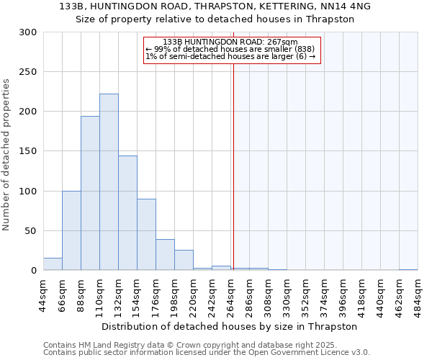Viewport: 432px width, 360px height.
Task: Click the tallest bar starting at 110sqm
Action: click(x=109, y=182)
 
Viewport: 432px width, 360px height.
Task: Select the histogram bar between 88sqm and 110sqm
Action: click(x=90, y=193)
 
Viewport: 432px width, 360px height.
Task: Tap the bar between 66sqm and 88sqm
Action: click(x=71, y=230)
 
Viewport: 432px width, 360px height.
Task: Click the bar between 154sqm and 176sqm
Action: click(x=146, y=235)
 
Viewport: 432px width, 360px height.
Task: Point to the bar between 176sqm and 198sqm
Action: click(x=165, y=255)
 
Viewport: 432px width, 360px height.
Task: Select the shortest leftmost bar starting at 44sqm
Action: click(x=53, y=264)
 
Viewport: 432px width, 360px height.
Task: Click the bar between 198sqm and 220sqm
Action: click(x=184, y=261)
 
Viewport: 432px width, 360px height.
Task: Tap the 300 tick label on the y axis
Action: click(x=28, y=32)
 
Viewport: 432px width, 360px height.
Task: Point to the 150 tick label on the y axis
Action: click(x=28, y=151)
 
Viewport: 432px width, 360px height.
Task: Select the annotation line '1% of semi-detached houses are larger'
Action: click(x=230, y=56)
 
